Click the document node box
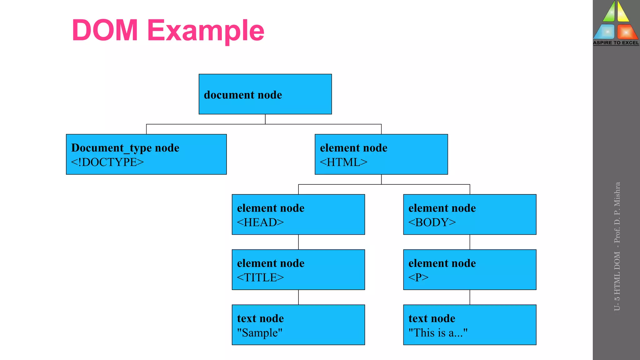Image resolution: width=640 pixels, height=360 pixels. click(265, 94)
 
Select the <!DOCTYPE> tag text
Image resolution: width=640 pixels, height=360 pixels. click(107, 162)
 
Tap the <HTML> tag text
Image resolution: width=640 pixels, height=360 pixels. click(343, 162)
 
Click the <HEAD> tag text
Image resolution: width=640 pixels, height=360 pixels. click(260, 222)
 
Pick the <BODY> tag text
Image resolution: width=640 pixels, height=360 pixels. click(432, 222)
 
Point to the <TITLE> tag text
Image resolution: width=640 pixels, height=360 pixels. click(260, 277)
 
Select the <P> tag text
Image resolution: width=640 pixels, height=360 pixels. click(418, 277)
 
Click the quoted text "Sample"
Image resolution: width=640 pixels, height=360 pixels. click(260, 333)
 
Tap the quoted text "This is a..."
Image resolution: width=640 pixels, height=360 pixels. click(438, 333)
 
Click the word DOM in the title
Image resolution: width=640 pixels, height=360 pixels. click(105, 30)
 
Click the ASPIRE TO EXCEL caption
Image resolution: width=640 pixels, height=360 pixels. click(616, 43)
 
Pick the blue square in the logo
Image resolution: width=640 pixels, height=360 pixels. click(606, 32)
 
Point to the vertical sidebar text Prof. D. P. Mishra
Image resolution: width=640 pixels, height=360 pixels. click(617, 212)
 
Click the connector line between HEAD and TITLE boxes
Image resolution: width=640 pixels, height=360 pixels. click(298, 242)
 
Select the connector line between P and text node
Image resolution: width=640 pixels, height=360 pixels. click(470, 297)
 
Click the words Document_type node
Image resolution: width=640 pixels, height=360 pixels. click(125, 148)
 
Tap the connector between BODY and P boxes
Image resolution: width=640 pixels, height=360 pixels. click(470, 242)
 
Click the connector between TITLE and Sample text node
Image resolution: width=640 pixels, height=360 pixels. click(298, 297)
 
